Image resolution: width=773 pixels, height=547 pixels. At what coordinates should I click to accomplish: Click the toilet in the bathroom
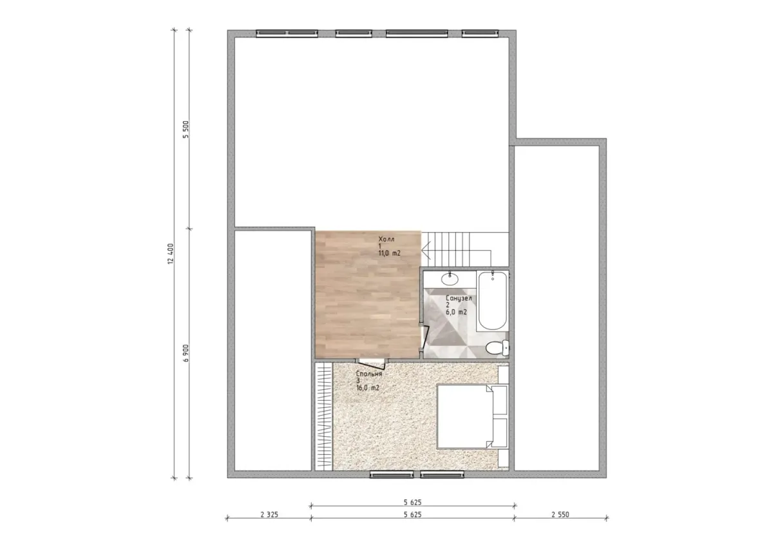coord(497,347)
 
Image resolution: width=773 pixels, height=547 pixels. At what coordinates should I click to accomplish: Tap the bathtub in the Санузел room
coord(492,301)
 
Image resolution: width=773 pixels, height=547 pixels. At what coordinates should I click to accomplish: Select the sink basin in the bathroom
coord(450,279)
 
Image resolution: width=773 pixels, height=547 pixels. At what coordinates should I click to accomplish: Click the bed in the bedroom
coord(472,417)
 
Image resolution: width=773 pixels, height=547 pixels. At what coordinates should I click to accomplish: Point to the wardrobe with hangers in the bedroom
coord(323,416)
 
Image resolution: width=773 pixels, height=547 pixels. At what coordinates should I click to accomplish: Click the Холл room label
coord(386,239)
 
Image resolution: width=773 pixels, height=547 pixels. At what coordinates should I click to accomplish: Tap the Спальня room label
coord(369,374)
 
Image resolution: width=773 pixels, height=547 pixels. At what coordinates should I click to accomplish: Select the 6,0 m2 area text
coord(456,312)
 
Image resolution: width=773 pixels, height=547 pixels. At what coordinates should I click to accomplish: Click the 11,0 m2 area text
coord(390,253)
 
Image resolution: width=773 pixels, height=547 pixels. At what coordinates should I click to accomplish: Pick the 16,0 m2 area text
coord(368,388)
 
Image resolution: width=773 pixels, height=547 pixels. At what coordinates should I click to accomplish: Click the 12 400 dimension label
coord(171,254)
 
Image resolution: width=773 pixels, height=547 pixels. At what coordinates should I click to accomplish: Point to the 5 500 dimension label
coord(186,130)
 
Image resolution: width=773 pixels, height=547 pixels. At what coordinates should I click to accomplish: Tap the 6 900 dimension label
coord(186,353)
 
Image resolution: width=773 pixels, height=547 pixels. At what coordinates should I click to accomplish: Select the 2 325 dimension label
coord(269,515)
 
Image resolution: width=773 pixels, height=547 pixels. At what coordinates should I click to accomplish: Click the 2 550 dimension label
coord(560,515)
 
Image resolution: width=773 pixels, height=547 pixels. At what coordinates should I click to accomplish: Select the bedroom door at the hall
coord(371,363)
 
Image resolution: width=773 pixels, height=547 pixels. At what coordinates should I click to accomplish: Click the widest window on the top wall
coord(417,34)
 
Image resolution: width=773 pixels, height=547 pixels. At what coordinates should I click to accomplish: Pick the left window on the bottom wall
coord(392,475)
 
